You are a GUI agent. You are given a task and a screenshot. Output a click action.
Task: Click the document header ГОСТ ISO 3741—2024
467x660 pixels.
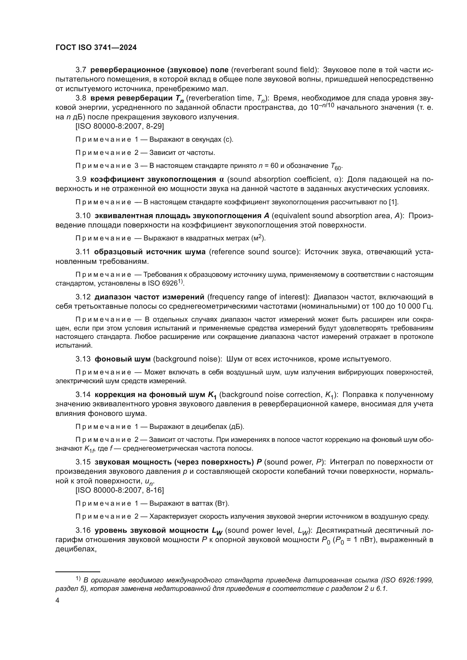click(96, 48)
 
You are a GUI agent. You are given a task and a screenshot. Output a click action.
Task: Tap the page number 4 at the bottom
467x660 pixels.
click(58, 600)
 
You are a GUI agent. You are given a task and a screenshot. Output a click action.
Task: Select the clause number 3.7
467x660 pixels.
click(81, 70)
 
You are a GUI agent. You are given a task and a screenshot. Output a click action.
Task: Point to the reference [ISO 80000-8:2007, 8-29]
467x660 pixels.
click(120, 126)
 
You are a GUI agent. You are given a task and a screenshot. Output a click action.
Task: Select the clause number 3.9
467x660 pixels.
click(81, 179)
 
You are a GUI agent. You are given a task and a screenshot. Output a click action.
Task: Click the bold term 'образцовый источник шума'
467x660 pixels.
click(150, 252)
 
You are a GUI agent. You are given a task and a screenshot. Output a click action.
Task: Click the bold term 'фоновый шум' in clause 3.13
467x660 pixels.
click(123, 359)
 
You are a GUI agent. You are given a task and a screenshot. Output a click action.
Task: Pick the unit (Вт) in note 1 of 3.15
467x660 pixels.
click(222, 503)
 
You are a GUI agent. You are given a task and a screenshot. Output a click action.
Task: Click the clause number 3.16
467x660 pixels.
click(83, 530)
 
